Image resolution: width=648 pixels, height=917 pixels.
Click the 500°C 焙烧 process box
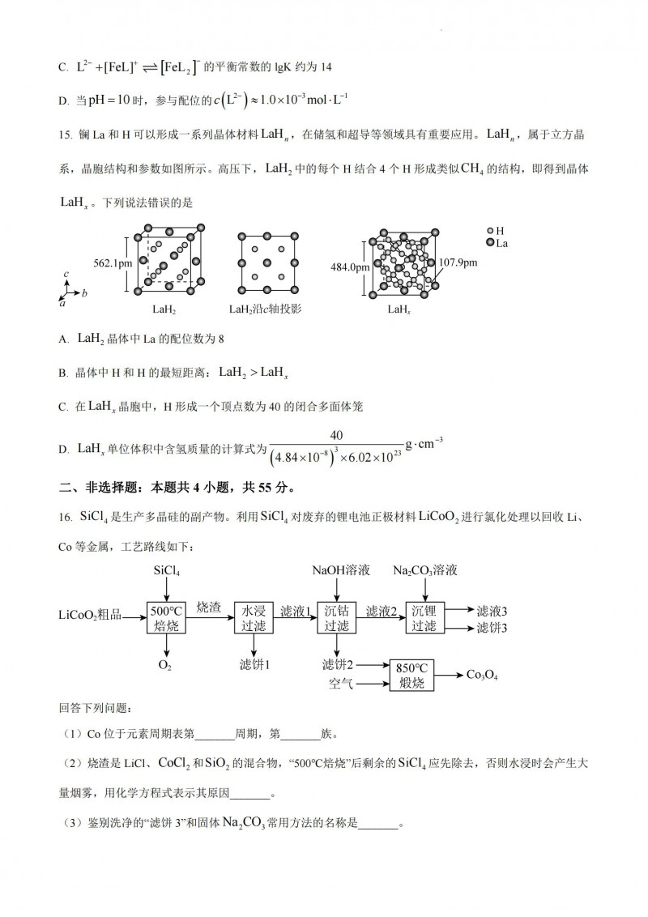coord(166,618)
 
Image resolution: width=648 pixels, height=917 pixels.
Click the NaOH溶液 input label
coord(340,571)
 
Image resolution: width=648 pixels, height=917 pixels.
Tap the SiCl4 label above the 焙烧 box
coord(166,571)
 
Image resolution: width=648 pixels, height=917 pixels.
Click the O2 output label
coord(165,665)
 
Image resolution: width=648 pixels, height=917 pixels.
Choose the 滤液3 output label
coord(492,611)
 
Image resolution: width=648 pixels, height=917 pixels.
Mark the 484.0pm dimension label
coord(349,267)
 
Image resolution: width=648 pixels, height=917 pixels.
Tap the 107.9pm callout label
coord(458,262)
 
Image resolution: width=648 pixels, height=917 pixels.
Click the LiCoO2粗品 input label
coord(89,618)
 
